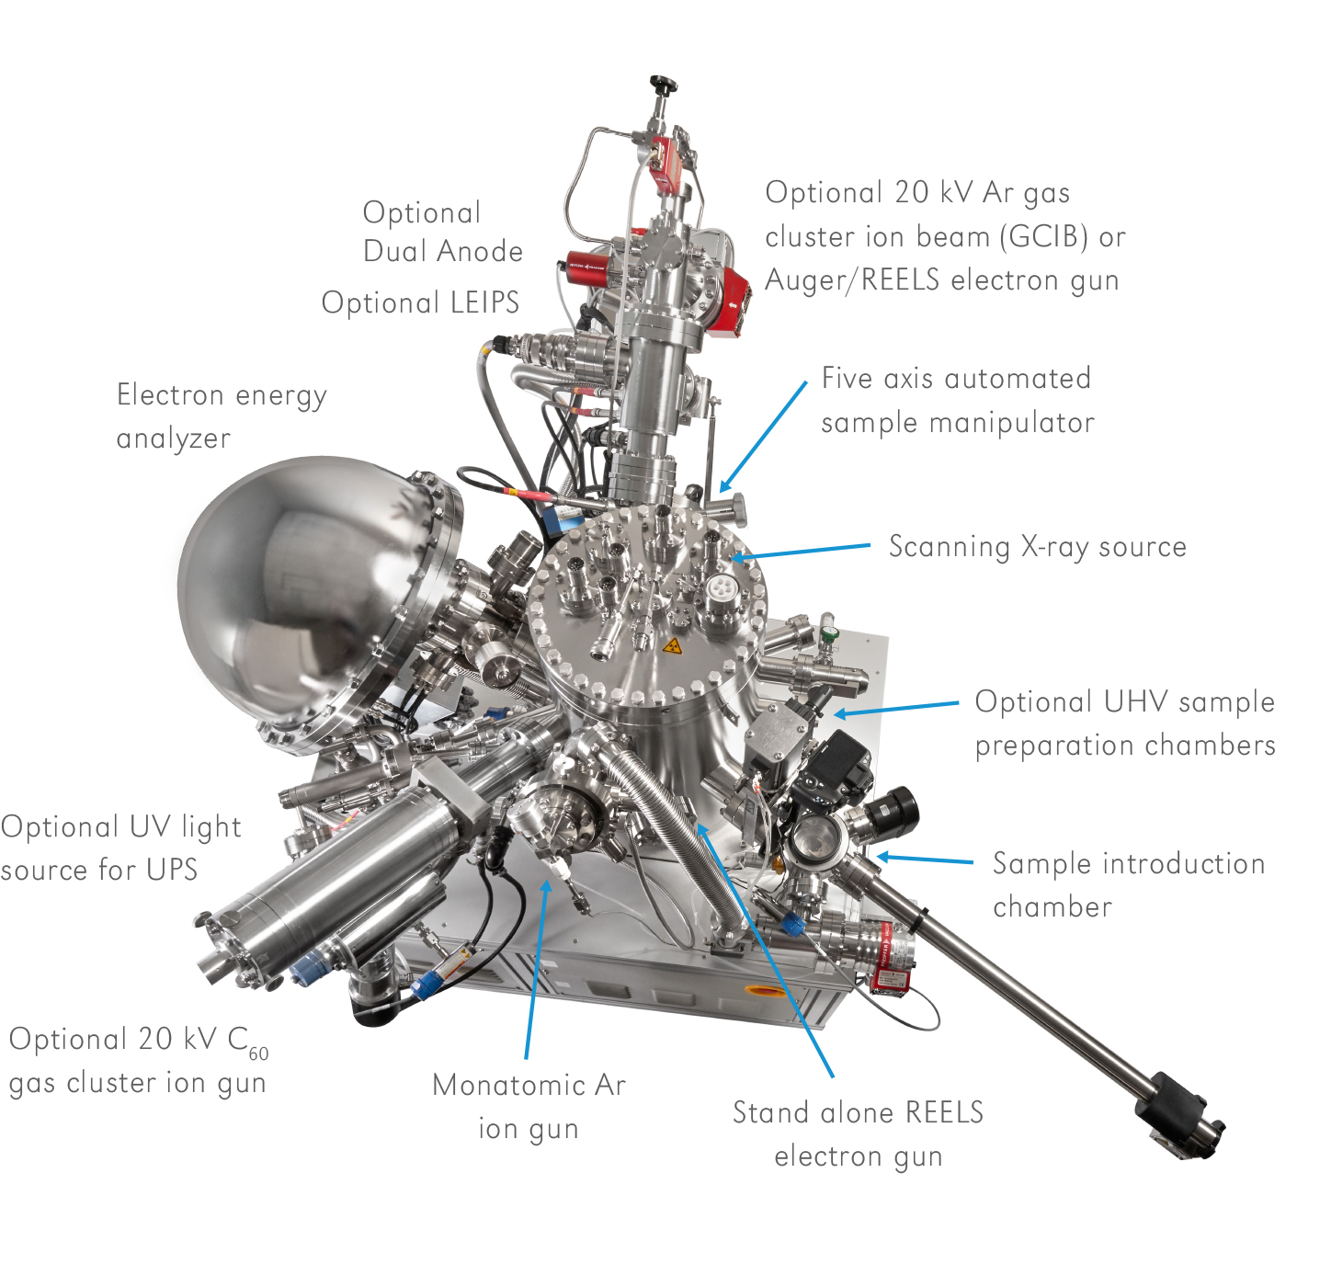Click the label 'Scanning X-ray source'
point(1037,547)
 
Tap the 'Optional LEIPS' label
point(421,302)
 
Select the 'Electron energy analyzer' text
point(222,416)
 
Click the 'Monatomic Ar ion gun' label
point(529,1107)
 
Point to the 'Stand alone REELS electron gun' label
point(858,1133)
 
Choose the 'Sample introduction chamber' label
point(1129,884)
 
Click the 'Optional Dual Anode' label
point(442,232)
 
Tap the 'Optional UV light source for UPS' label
point(120,848)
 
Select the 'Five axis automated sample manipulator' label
point(957,400)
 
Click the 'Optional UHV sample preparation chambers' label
point(1125,723)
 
